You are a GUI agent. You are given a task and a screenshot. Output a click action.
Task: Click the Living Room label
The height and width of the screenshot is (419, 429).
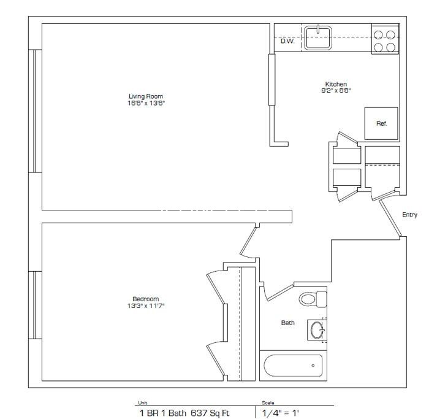(146, 96)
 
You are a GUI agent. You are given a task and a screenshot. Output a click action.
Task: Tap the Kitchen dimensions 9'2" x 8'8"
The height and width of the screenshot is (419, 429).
(336, 91)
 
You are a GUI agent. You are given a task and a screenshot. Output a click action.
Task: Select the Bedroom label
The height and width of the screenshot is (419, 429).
(146, 299)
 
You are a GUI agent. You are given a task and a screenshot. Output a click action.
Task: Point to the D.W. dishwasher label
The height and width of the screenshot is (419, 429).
(287, 41)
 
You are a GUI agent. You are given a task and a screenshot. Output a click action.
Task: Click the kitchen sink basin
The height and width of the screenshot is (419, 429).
(318, 38)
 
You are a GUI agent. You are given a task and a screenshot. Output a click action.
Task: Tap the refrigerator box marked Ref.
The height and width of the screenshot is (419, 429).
(381, 123)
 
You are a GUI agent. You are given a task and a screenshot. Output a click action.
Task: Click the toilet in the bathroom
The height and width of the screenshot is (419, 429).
(313, 299)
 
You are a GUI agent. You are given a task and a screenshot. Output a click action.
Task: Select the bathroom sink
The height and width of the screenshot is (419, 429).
(317, 329)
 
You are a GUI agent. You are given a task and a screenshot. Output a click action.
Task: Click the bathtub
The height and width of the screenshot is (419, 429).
(293, 366)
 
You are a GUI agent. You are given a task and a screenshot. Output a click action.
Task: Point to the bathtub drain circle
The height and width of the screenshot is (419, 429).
(313, 366)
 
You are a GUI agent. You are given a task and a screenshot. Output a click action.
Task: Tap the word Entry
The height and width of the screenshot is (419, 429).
(409, 215)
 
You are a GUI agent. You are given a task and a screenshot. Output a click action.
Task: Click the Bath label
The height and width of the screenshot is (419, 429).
(288, 323)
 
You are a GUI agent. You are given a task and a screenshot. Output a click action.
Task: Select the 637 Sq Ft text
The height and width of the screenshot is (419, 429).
(210, 413)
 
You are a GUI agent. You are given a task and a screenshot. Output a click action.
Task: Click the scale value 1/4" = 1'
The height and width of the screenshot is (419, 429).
(281, 413)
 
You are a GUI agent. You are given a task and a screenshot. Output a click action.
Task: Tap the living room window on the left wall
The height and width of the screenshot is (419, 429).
(35, 111)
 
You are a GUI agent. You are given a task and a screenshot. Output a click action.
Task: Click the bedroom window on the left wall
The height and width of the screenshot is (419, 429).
(35, 305)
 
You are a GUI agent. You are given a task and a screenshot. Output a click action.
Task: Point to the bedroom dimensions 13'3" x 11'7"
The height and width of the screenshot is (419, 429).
(146, 306)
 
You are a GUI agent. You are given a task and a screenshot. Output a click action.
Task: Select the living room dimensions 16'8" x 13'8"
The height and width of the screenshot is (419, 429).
(146, 103)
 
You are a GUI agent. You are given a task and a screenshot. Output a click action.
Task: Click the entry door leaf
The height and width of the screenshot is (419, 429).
(390, 218)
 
